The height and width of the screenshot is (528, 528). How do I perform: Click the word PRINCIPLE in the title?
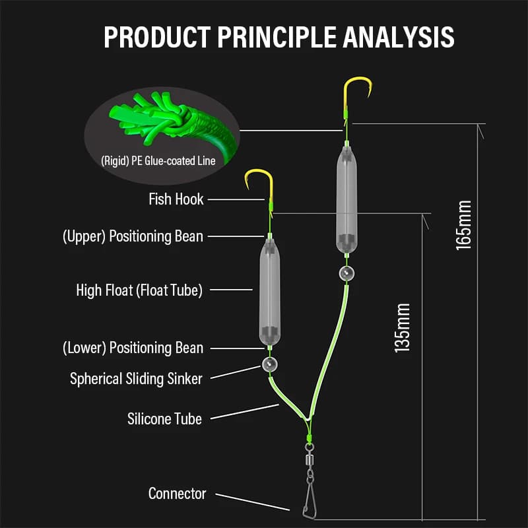(277, 37)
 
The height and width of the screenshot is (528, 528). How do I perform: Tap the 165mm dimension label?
(463, 225)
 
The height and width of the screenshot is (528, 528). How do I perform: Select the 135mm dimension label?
(402, 328)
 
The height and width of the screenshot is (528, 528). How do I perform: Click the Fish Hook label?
(176, 199)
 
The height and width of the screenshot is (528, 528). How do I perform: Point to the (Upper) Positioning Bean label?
(133, 236)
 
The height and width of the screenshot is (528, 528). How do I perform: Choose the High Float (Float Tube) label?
(139, 290)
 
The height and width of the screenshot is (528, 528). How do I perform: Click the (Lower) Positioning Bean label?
(133, 348)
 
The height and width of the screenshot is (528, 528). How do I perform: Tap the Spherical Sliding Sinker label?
(136, 379)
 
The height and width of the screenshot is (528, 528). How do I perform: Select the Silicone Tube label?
(164, 419)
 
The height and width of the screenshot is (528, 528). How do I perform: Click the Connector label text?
(177, 494)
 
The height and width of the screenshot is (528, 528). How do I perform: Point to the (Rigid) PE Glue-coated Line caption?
(158, 161)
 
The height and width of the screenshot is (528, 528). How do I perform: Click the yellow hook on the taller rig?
(356, 94)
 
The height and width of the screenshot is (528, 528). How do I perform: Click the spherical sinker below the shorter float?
(270, 364)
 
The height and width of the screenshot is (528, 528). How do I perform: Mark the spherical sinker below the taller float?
(347, 273)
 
